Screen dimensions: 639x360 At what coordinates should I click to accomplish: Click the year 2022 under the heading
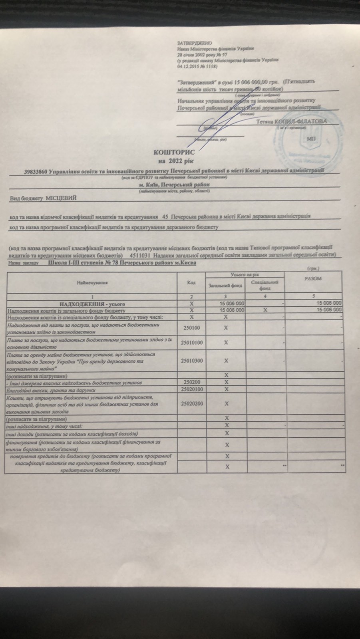[x=176, y=161]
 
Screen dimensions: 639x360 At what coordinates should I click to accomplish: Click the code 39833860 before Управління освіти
[x=36, y=172]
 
